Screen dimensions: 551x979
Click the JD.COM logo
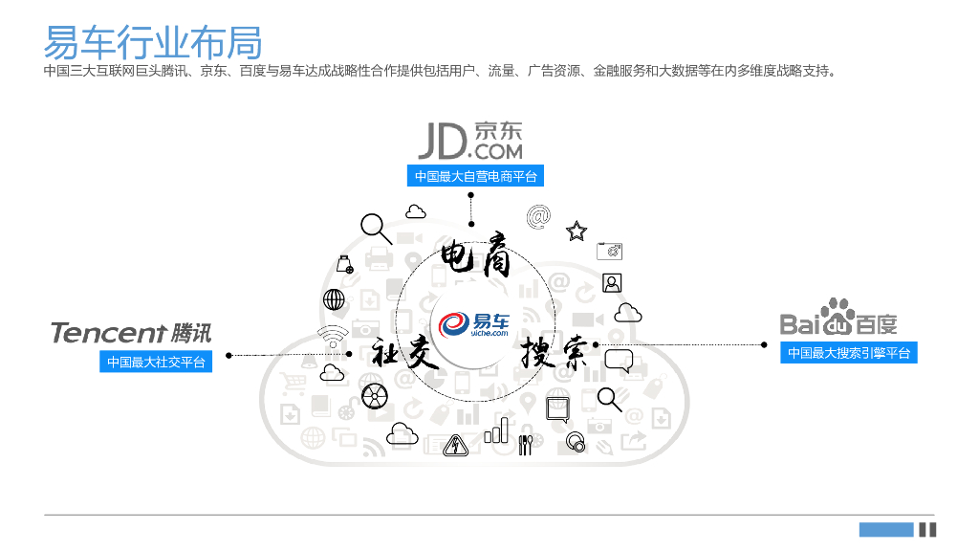tap(470, 141)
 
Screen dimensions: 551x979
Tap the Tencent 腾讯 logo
tap(131, 332)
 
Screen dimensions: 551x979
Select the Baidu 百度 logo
tap(838, 319)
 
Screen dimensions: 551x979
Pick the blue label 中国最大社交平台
tap(156, 362)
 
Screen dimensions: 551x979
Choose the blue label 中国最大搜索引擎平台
tap(848, 353)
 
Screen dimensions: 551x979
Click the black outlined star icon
tap(577, 231)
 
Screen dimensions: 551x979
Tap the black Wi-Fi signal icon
tap(333, 336)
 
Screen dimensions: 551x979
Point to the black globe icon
tap(334, 299)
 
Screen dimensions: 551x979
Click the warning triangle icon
tap(454, 444)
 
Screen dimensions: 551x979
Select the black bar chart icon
tap(496, 430)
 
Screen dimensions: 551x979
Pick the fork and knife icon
tap(525, 445)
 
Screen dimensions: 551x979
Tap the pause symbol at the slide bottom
tap(927, 529)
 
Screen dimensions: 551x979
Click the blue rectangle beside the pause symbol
tap(885, 529)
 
